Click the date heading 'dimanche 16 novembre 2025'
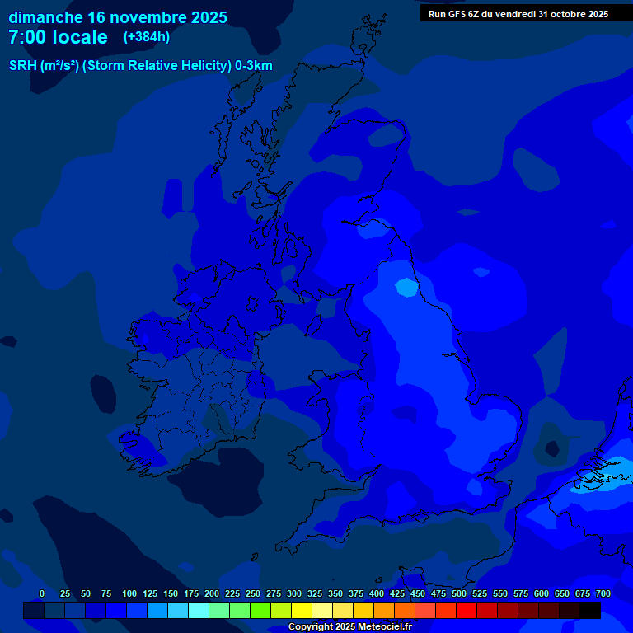click(x=118, y=17)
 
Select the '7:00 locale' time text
click(x=58, y=38)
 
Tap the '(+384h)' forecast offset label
click(x=147, y=37)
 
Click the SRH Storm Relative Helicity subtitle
click(x=140, y=66)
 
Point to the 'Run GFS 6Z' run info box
click(x=518, y=14)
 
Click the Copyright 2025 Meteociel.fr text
click(x=349, y=627)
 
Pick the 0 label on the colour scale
click(x=42, y=593)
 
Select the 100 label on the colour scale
click(x=129, y=593)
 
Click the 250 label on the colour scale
click(x=253, y=593)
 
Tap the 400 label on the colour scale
click(x=377, y=593)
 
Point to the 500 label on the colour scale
click(x=459, y=593)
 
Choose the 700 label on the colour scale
click(x=603, y=593)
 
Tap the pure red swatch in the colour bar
click(x=467, y=611)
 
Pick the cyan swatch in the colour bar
click(x=199, y=611)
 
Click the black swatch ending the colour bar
click(x=590, y=611)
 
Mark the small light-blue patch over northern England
click(x=406, y=287)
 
